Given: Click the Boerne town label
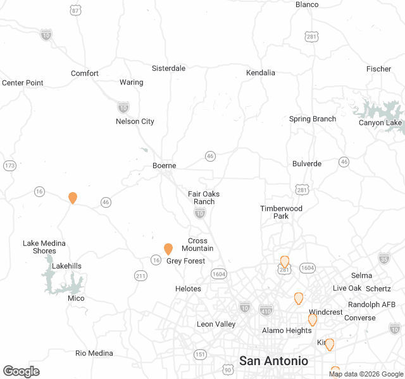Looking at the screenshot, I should tap(164, 165).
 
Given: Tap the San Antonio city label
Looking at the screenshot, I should tap(273, 361).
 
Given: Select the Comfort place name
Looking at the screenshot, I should tap(85, 73).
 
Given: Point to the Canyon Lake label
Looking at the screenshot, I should tap(380, 123).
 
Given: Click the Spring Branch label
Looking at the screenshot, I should tap(313, 119).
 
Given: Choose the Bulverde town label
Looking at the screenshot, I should tap(307, 164).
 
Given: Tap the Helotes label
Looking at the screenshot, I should tap(188, 289).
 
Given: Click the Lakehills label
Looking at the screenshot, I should tap(66, 266).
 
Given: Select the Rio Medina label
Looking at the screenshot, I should tap(94, 353).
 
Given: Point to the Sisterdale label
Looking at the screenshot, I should tap(168, 68).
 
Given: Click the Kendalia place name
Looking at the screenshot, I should tap(261, 73).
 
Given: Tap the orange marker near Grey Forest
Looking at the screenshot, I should tap(168, 249).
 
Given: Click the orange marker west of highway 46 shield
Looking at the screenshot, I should tap(73, 198).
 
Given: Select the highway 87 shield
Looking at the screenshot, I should tap(76, 10).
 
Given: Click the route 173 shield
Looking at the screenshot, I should tap(9, 166).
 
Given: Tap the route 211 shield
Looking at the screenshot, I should tap(141, 275).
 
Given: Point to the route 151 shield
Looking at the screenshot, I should tap(200, 354).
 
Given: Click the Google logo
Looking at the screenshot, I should tap(21, 371).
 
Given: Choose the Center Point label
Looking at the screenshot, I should tap(23, 83).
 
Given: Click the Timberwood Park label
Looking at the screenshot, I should tap(281, 212).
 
